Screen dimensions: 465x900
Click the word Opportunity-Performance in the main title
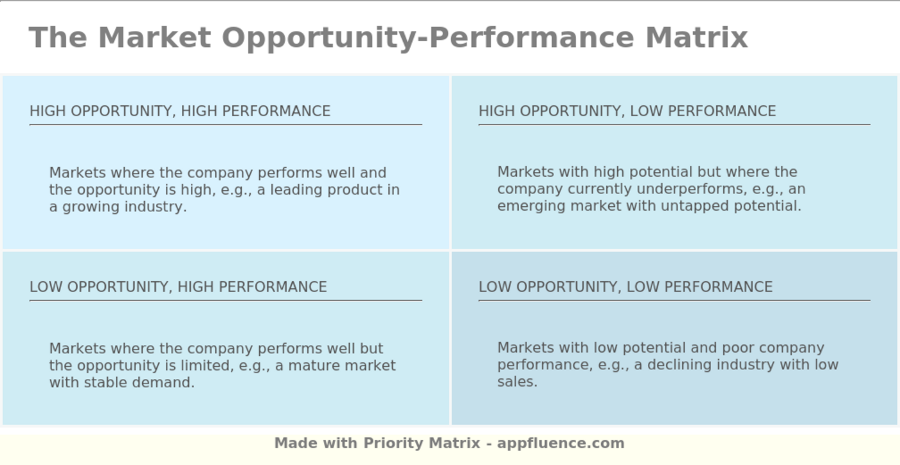point(427,37)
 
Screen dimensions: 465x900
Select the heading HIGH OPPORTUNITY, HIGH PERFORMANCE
point(180,111)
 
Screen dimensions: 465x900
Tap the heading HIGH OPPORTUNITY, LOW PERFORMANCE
point(627,111)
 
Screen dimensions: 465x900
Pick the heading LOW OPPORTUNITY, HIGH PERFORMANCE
point(178,286)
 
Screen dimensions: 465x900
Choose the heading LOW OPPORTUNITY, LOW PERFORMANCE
point(625,286)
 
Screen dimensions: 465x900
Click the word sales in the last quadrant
point(517,382)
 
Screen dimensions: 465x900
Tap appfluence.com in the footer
point(561,443)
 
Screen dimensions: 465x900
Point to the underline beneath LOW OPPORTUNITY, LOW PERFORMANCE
point(674,300)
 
